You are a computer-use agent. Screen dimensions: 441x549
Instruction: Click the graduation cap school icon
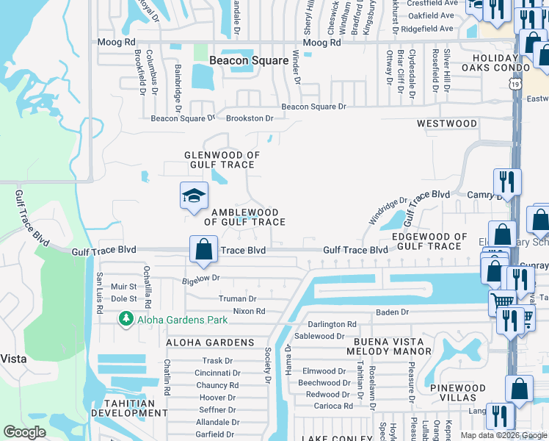coord(194,196)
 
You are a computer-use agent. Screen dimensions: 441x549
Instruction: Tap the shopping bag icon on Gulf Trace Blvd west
coord(204,249)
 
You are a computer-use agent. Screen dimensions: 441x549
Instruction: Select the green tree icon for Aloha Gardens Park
coord(126,318)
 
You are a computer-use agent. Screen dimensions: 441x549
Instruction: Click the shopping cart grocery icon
coord(502,301)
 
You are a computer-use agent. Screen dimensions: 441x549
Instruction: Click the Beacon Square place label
coord(249,60)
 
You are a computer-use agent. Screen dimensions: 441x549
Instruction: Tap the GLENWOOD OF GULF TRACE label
coord(222,161)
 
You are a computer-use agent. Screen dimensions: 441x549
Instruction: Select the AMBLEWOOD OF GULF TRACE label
coord(244,216)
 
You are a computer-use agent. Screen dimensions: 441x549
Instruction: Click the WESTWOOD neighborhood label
coord(447,123)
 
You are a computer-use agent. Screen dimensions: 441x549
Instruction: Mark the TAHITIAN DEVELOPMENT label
coord(123,408)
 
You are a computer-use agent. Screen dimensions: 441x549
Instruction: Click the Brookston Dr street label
coord(250,118)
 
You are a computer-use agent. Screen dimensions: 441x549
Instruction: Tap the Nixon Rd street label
coord(249,311)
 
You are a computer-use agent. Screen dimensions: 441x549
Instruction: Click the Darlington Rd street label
coord(332,324)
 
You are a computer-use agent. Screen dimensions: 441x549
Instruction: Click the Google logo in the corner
coord(24,432)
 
